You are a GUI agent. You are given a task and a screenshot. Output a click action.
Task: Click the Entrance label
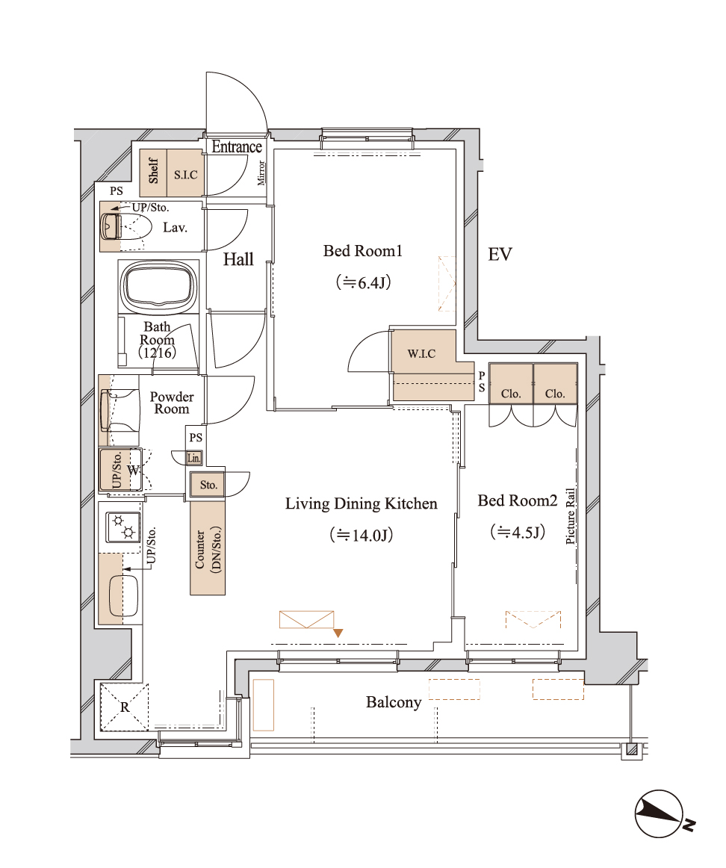pos(237,146)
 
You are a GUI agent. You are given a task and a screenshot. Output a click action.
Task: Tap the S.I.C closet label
pos(185,175)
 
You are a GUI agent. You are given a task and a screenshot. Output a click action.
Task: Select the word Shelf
pos(153,170)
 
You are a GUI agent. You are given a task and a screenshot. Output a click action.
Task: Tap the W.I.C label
pos(422,353)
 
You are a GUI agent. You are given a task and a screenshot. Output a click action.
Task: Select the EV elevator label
pos(500,254)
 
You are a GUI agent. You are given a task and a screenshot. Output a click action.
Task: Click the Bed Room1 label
pos(362,251)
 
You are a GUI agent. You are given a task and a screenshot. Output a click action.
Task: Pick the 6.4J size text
pos(364,283)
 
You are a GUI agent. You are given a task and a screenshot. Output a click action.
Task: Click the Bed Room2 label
pos(518,500)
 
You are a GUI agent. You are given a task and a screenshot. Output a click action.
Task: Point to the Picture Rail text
pos(571,516)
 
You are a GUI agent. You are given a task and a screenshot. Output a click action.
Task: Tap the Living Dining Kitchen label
pos(362,503)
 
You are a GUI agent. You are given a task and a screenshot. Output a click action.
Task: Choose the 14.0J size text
pos(362,536)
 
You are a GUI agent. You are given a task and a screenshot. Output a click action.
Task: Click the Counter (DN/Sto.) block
pos(208,548)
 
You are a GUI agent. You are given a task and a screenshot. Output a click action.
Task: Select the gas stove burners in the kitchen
pos(123,527)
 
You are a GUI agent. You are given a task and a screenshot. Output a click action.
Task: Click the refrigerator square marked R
pos(125,707)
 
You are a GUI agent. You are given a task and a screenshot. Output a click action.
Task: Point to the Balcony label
pos(394,702)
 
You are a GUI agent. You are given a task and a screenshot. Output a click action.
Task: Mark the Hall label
pos(238,259)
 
